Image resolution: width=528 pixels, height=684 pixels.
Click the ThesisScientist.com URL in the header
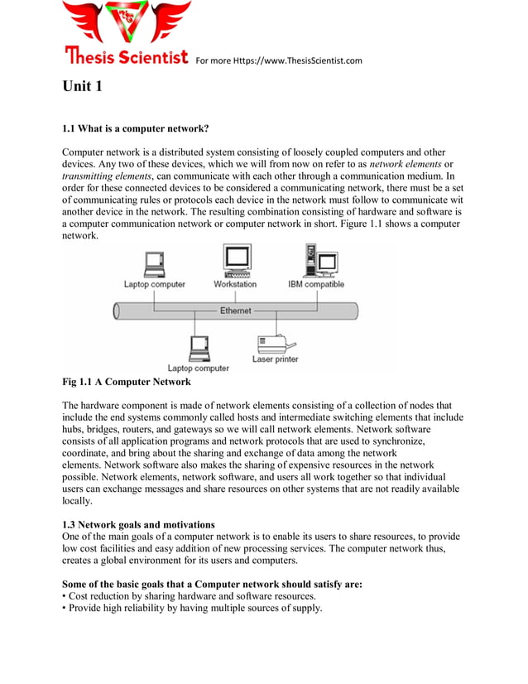279,60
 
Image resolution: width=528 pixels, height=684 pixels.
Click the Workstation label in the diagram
235,284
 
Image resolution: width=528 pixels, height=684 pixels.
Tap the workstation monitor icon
237,260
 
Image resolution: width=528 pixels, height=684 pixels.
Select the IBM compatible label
316,284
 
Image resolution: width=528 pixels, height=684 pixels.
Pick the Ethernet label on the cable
236,311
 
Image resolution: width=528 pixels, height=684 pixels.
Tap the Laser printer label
275,359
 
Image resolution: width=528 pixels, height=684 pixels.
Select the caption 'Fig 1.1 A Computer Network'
127,382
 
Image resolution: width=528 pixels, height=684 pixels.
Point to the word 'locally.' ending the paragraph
78,501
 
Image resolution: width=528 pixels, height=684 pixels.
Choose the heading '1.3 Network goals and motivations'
138,525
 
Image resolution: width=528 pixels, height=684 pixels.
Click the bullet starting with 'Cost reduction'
189,596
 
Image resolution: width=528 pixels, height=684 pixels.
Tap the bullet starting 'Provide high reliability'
192,608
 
